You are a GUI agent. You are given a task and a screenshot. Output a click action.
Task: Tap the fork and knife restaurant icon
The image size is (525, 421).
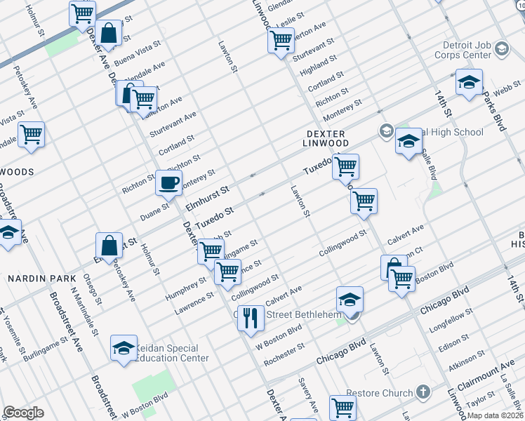click(x=251, y=319)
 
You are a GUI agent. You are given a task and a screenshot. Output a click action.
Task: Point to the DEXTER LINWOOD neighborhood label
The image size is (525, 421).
click(x=326, y=138)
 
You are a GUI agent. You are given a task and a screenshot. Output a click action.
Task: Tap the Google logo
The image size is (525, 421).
click(x=23, y=413)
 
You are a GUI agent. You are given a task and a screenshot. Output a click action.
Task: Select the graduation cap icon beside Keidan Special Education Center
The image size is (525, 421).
click(x=124, y=348)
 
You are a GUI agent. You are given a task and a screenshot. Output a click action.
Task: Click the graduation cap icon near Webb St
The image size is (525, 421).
click(x=469, y=83)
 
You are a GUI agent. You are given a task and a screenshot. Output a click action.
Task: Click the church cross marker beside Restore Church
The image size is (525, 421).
click(x=423, y=391)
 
